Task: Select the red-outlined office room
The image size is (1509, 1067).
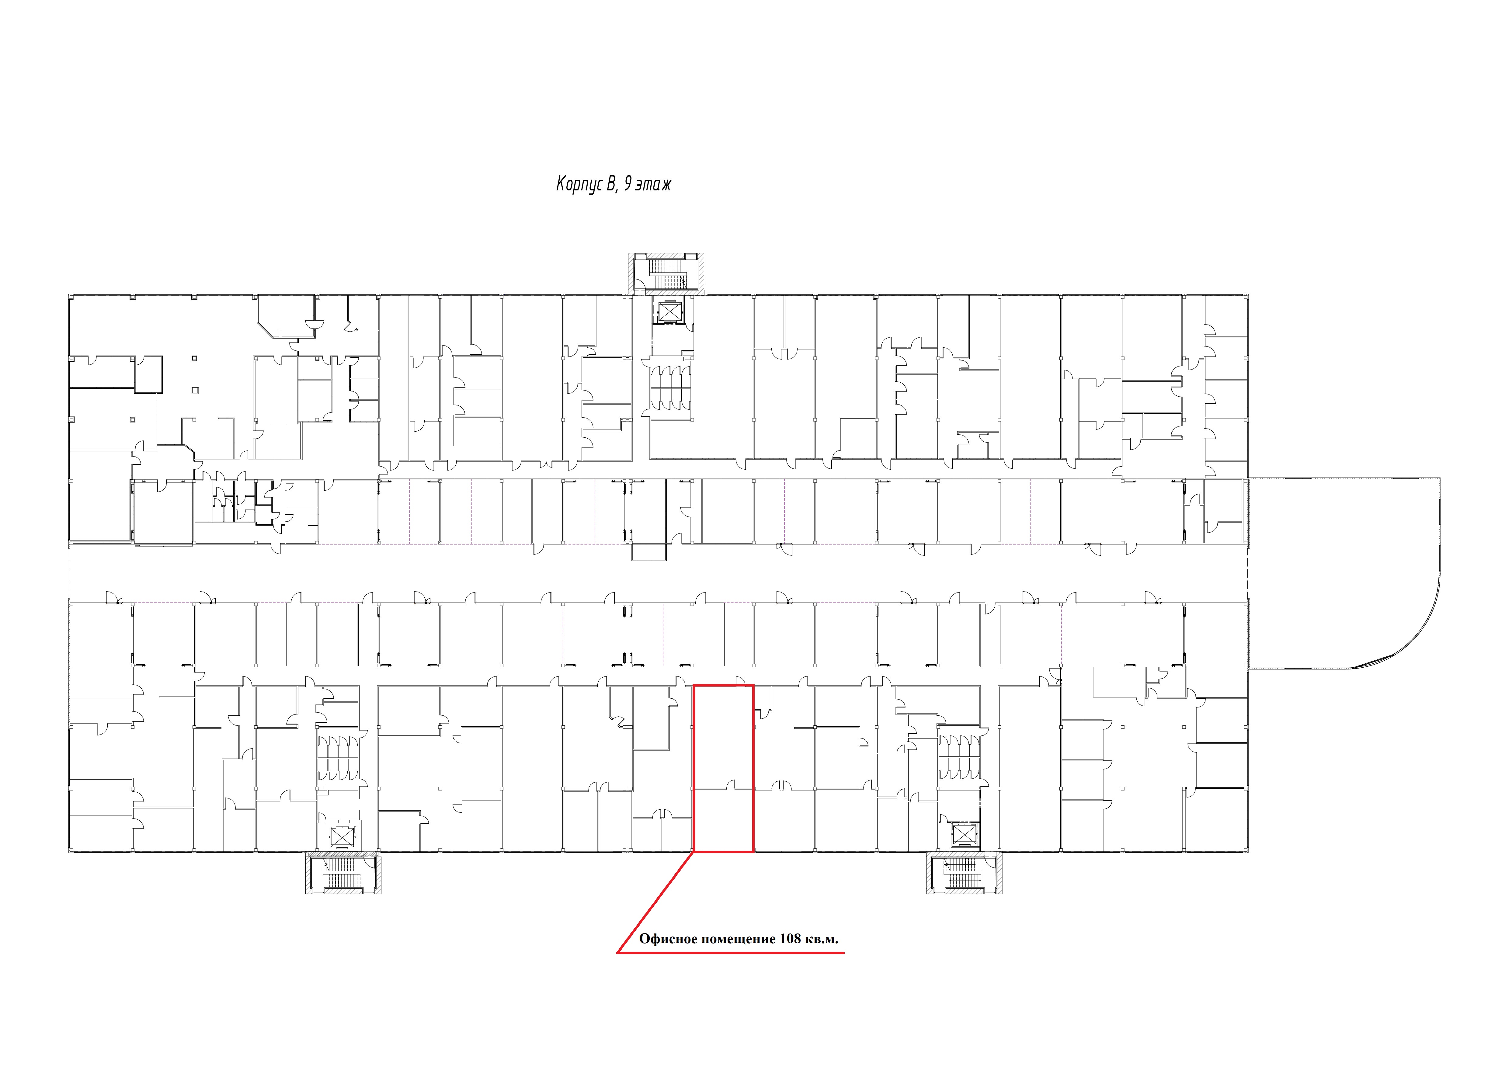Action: click(x=724, y=769)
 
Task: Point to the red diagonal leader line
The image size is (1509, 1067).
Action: click(x=655, y=902)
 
